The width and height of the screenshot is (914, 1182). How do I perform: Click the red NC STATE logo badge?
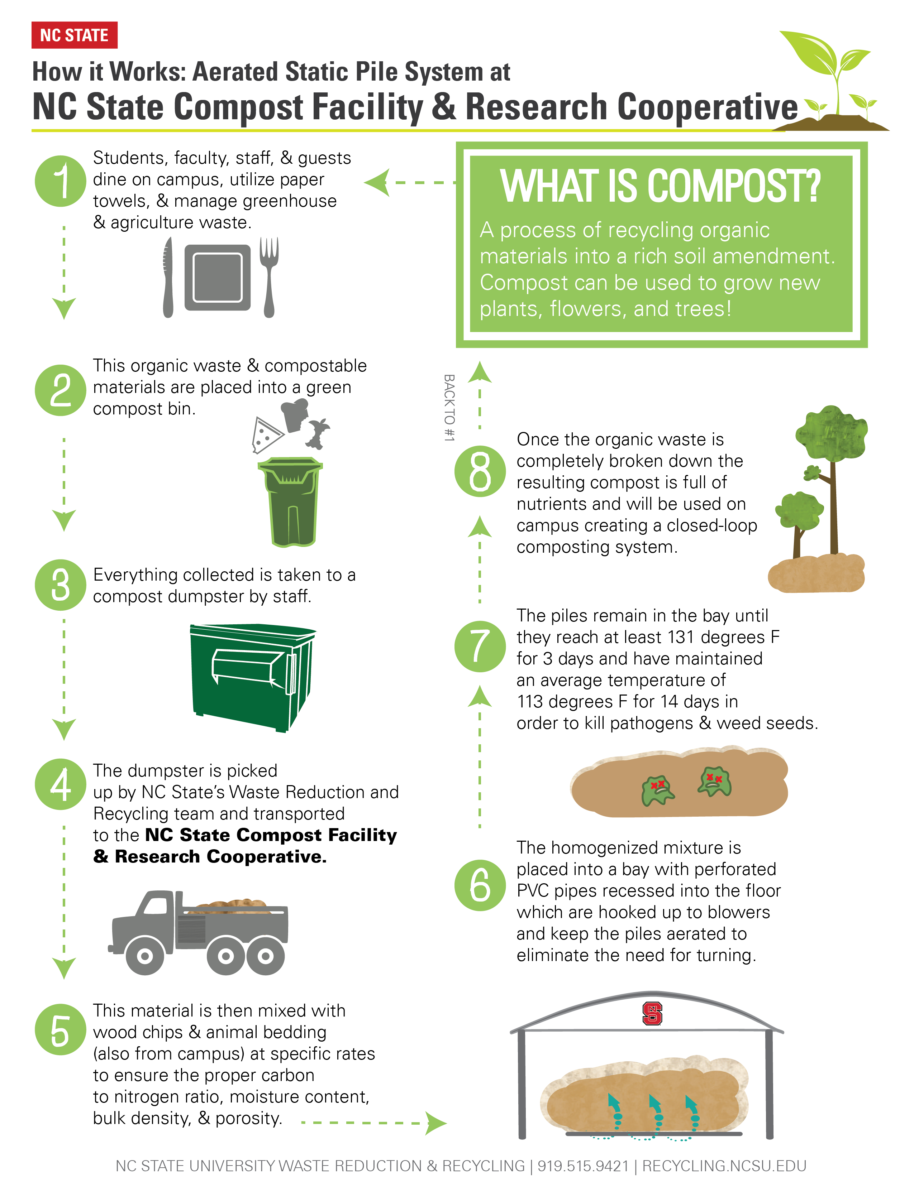coord(74,35)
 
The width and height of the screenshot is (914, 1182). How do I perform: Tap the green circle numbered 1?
coord(61,181)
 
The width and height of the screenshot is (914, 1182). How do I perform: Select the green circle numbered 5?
coord(61,1029)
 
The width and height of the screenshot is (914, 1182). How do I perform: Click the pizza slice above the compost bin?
coord(266,434)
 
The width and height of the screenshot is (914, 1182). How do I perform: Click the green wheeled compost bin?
coord(291,502)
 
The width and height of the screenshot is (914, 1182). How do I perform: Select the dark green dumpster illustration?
coord(252,678)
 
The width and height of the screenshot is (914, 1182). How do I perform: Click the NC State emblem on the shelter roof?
coord(652,1014)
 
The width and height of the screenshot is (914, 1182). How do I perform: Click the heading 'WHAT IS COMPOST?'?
coord(661,186)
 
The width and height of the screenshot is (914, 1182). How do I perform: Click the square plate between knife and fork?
coord(218,277)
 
